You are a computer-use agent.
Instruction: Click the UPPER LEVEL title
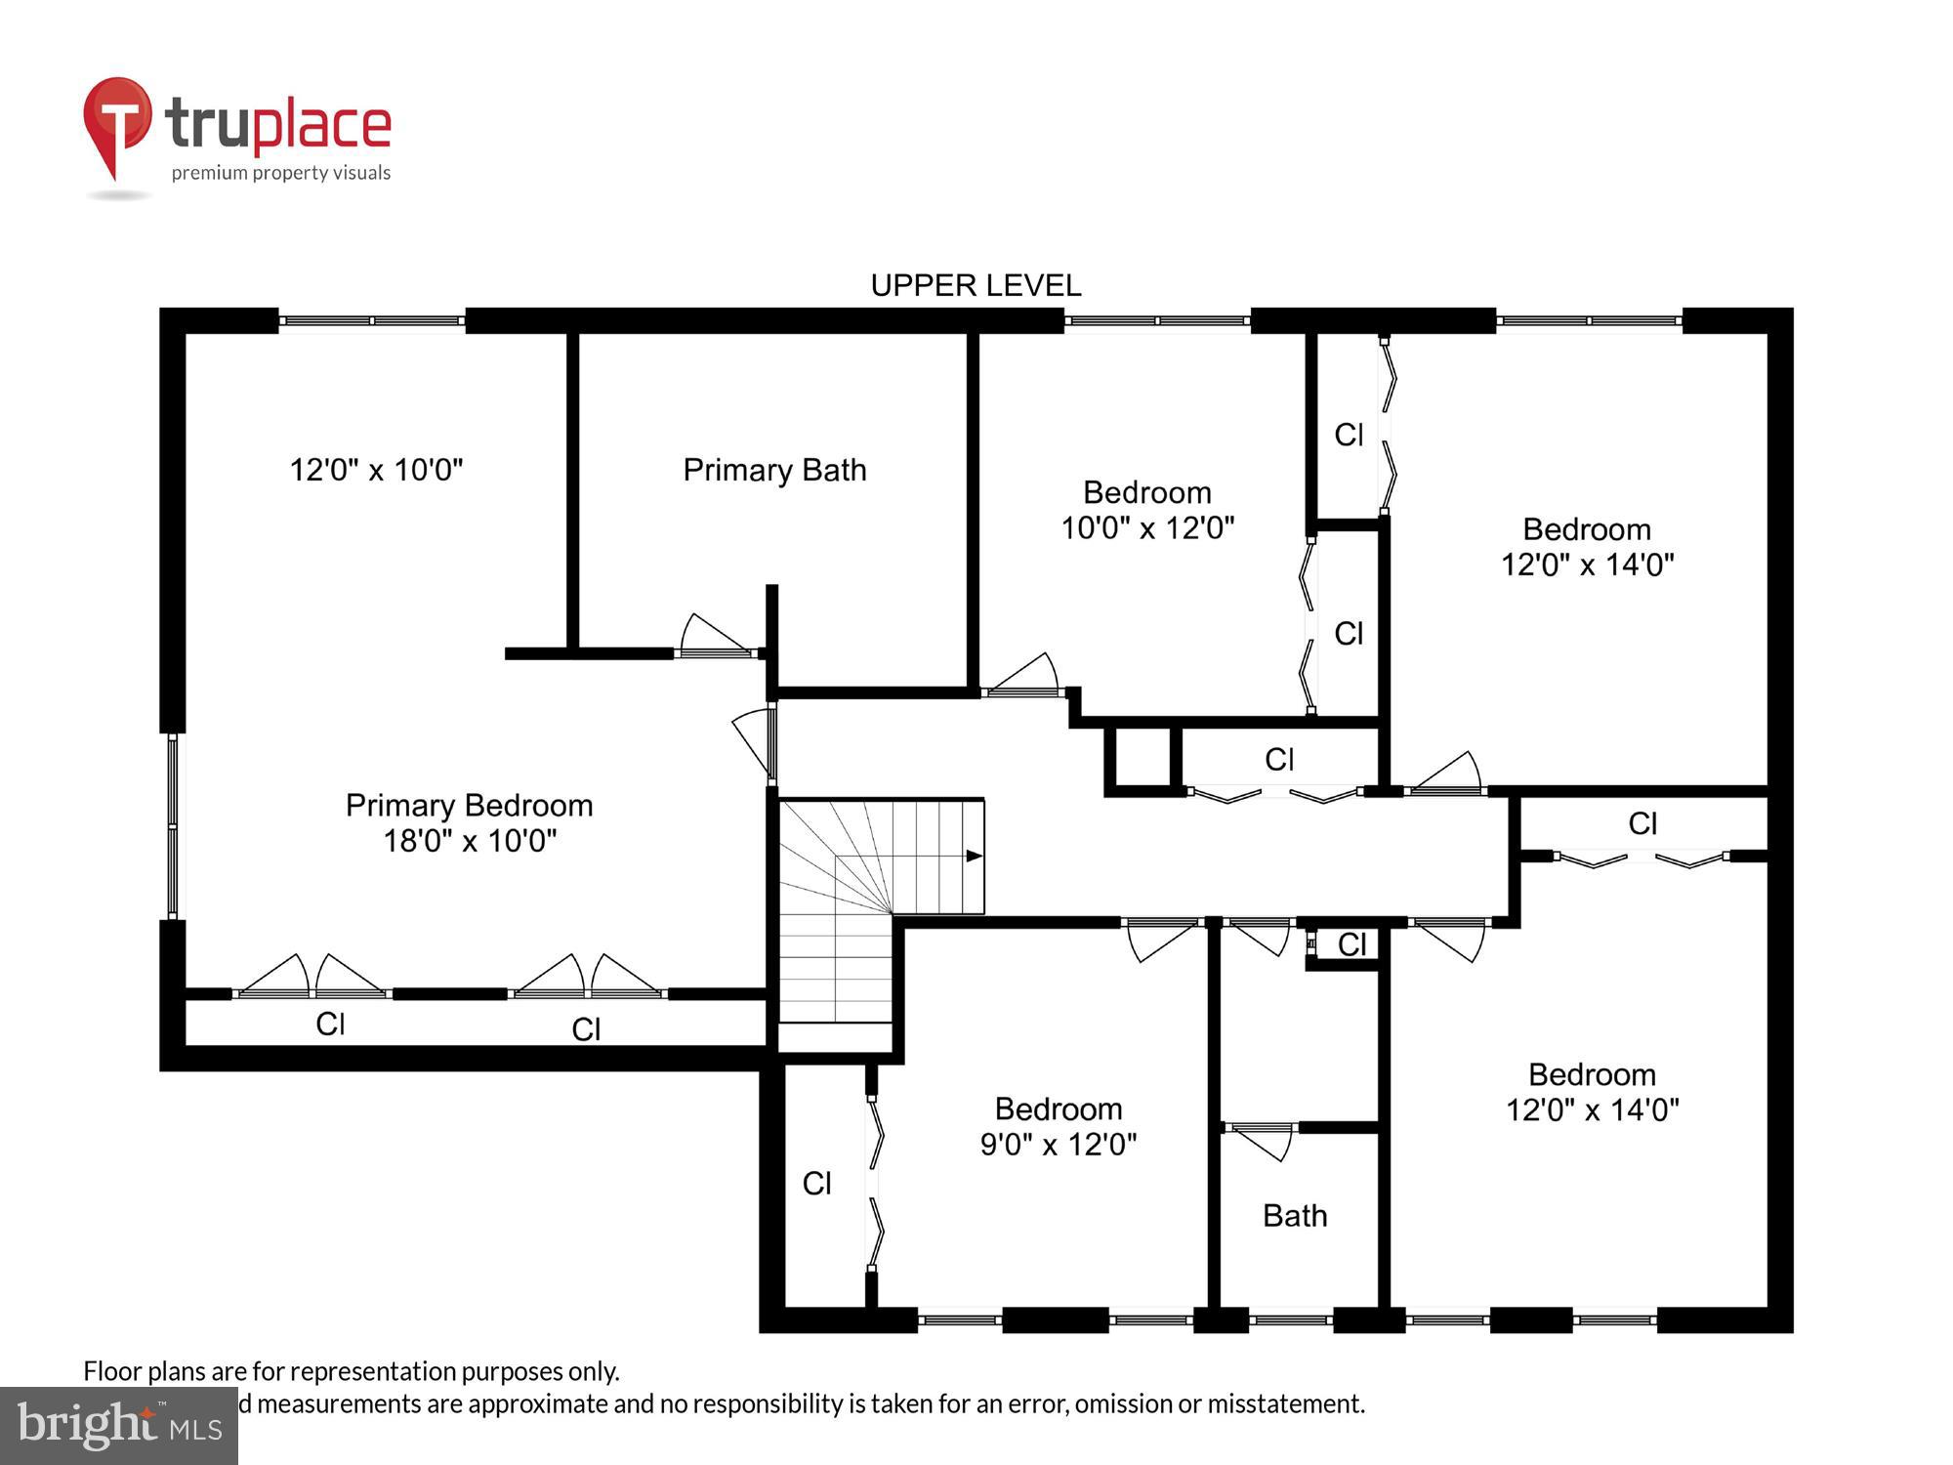(976, 285)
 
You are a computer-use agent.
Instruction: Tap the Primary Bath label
(774, 470)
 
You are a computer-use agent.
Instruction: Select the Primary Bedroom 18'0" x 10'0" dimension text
(470, 840)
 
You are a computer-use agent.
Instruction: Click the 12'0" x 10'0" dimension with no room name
(376, 470)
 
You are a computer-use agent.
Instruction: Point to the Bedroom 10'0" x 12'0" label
(1147, 510)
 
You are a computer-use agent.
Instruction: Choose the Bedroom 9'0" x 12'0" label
(1059, 1126)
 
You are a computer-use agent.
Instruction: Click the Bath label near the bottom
(1295, 1215)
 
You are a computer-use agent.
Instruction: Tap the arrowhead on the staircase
(974, 856)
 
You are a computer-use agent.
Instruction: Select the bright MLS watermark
(119, 1426)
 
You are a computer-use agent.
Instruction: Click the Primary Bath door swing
(715, 637)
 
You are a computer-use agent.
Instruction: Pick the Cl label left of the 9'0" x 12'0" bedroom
(816, 1184)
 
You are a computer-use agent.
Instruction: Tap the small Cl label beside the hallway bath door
(1351, 944)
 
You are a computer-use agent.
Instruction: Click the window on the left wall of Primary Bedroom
(173, 826)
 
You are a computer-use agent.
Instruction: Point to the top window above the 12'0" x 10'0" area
(371, 320)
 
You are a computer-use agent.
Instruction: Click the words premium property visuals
(281, 173)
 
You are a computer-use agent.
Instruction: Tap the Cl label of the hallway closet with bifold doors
(1279, 759)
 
